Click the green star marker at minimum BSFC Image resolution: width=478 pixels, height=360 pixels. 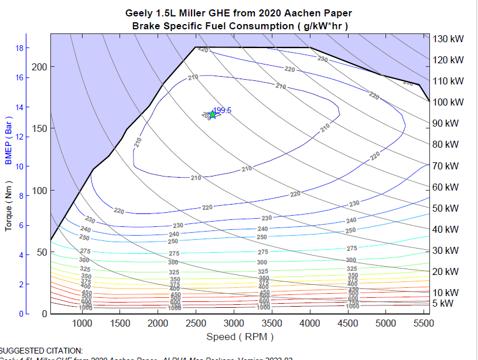[x=213, y=115]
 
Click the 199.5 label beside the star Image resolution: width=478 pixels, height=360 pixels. [x=223, y=110]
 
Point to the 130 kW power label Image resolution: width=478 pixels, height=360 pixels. [x=448, y=39]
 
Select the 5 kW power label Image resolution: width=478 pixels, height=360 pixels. [x=442, y=303]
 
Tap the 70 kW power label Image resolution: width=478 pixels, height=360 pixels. [x=445, y=166]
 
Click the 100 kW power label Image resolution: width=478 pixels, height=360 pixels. [x=448, y=102]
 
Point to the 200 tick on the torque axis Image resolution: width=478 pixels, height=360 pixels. [x=39, y=66]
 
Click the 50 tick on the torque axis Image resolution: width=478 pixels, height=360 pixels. [x=42, y=252]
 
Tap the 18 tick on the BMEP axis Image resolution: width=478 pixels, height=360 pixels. [x=19, y=48]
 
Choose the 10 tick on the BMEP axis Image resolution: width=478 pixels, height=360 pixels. [x=19, y=167]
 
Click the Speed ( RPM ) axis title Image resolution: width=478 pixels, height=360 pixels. [x=240, y=337]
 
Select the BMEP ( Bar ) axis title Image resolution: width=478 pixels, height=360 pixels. [x=9, y=140]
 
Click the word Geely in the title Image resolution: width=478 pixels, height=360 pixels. [x=138, y=13]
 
